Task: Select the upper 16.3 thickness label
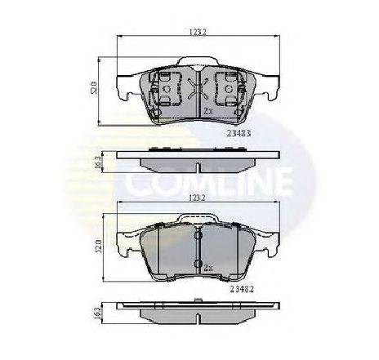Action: tap(96, 162)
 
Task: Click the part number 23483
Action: tap(238, 131)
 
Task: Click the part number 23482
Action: tap(238, 288)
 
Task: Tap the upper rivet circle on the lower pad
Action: tap(197, 236)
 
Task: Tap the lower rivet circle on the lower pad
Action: tap(197, 262)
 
